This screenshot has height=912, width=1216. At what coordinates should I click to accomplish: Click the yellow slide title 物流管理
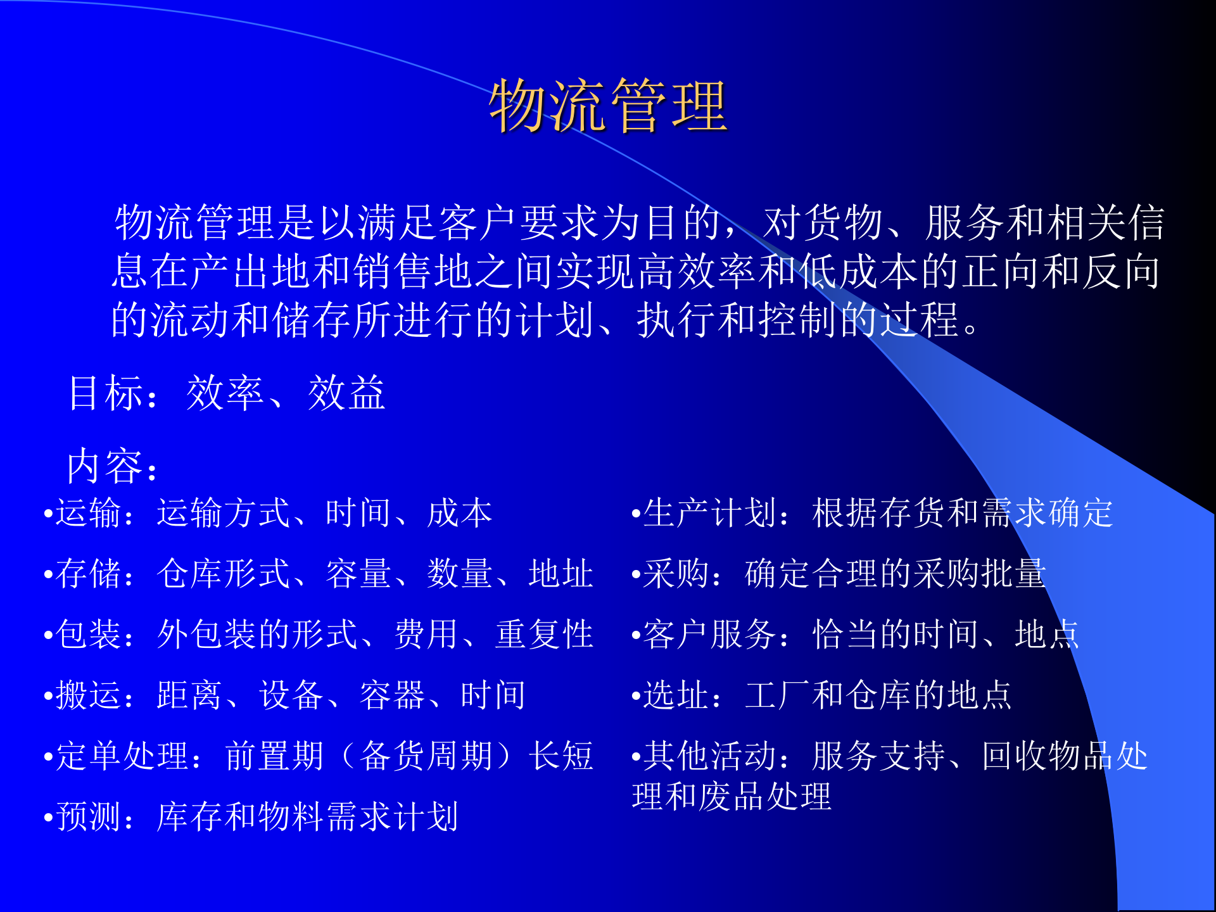pyautogui.click(x=607, y=106)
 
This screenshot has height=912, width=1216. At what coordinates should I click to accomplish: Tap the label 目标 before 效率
pyautogui.click(x=105, y=393)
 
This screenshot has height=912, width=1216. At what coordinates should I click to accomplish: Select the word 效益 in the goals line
pyautogui.click(x=346, y=393)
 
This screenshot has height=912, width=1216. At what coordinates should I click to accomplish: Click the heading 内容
pyautogui.click(x=105, y=466)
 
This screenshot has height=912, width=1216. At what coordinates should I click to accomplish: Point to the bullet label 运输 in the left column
pyautogui.click(x=88, y=512)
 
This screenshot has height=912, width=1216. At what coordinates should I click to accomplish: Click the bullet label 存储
pyautogui.click(x=88, y=573)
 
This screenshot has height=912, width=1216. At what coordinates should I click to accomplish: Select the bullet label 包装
pyautogui.click(x=88, y=634)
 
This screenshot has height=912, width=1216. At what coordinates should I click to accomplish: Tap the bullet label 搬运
pyautogui.click(x=88, y=695)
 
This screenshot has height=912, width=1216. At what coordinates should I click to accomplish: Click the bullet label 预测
pyautogui.click(x=88, y=816)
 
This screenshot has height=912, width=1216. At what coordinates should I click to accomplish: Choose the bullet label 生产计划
pyautogui.click(x=709, y=512)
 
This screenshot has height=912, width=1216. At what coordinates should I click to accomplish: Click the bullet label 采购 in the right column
pyautogui.click(x=676, y=573)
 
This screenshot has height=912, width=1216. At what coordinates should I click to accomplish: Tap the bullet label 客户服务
pyautogui.click(x=709, y=634)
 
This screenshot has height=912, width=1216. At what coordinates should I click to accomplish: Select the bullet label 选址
pyautogui.click(x=676, y=695)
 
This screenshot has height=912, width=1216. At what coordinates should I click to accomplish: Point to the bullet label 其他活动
pyautogui.click(x=709, y=756)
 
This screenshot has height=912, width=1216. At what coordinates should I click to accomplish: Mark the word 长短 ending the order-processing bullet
pyautogui.click(x=561, y=756)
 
